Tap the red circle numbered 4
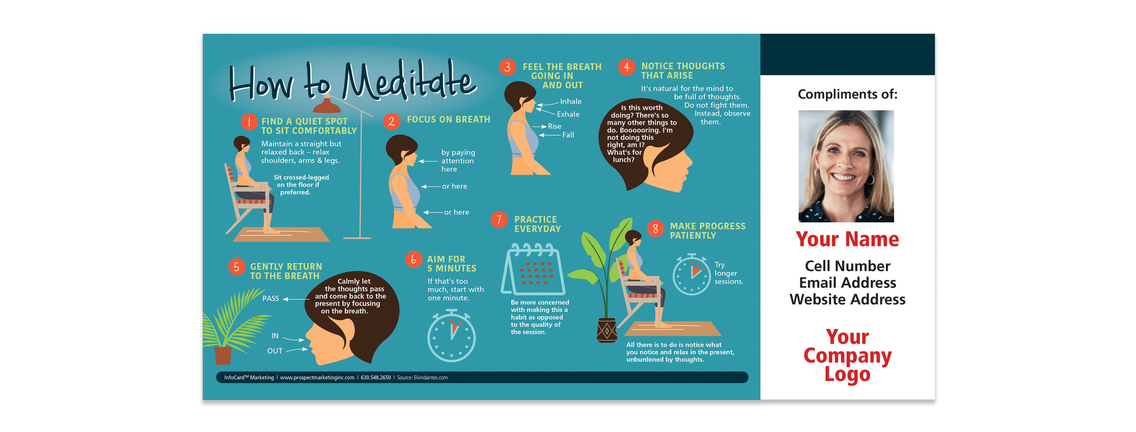click(x=626, y=67)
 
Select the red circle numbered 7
click(x=499, y=220)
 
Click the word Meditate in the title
click(x=408, y=82)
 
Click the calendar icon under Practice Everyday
click(x=533, y=270)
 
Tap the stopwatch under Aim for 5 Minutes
click(x=452, y=336)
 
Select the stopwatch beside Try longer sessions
click(x=692, y=274)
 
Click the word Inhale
click(x=571, y=101)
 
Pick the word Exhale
click(x=568, y=114)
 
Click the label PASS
click(x=271, y=298)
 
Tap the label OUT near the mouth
click(x=275, y=351)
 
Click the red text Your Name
click(x=847, y=239)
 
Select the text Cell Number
click(x=848, y=266)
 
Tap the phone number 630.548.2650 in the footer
click(x=376, y=378)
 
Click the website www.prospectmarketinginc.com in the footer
click(x=317, y=378)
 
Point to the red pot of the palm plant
click(x=223, y=355)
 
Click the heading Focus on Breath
click(x=449, y=119)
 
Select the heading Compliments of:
click(x=847, y=94)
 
